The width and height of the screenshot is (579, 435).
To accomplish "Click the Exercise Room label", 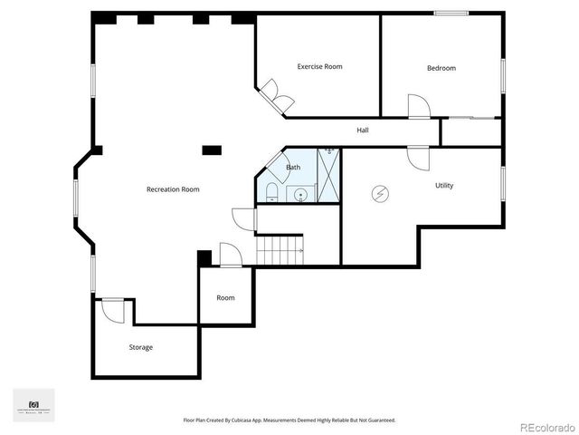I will (320, 66).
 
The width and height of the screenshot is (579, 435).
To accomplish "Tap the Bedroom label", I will (441, 68).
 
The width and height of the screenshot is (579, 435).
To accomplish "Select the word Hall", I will (362, 130).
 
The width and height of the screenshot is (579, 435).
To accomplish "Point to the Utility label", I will (444, 186).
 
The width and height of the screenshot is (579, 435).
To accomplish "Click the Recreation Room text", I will (173, 189).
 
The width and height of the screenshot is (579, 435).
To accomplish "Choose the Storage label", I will (140, 347).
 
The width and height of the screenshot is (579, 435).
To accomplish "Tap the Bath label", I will (293, 168).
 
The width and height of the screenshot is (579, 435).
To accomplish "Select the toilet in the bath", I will (272, 192).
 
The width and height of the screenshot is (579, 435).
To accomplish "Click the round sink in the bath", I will (300, 193).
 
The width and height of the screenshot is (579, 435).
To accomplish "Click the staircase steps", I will (279, 248).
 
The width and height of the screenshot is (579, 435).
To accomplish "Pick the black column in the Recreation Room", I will (212, 150).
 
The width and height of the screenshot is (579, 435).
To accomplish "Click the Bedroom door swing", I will (418, 106).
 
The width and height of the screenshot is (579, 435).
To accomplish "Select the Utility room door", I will (418, 157).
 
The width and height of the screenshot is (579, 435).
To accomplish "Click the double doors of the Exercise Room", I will (275, 95).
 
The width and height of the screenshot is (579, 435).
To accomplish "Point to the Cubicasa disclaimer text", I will (289, 420).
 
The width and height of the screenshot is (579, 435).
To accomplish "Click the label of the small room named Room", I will (225, 297).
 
